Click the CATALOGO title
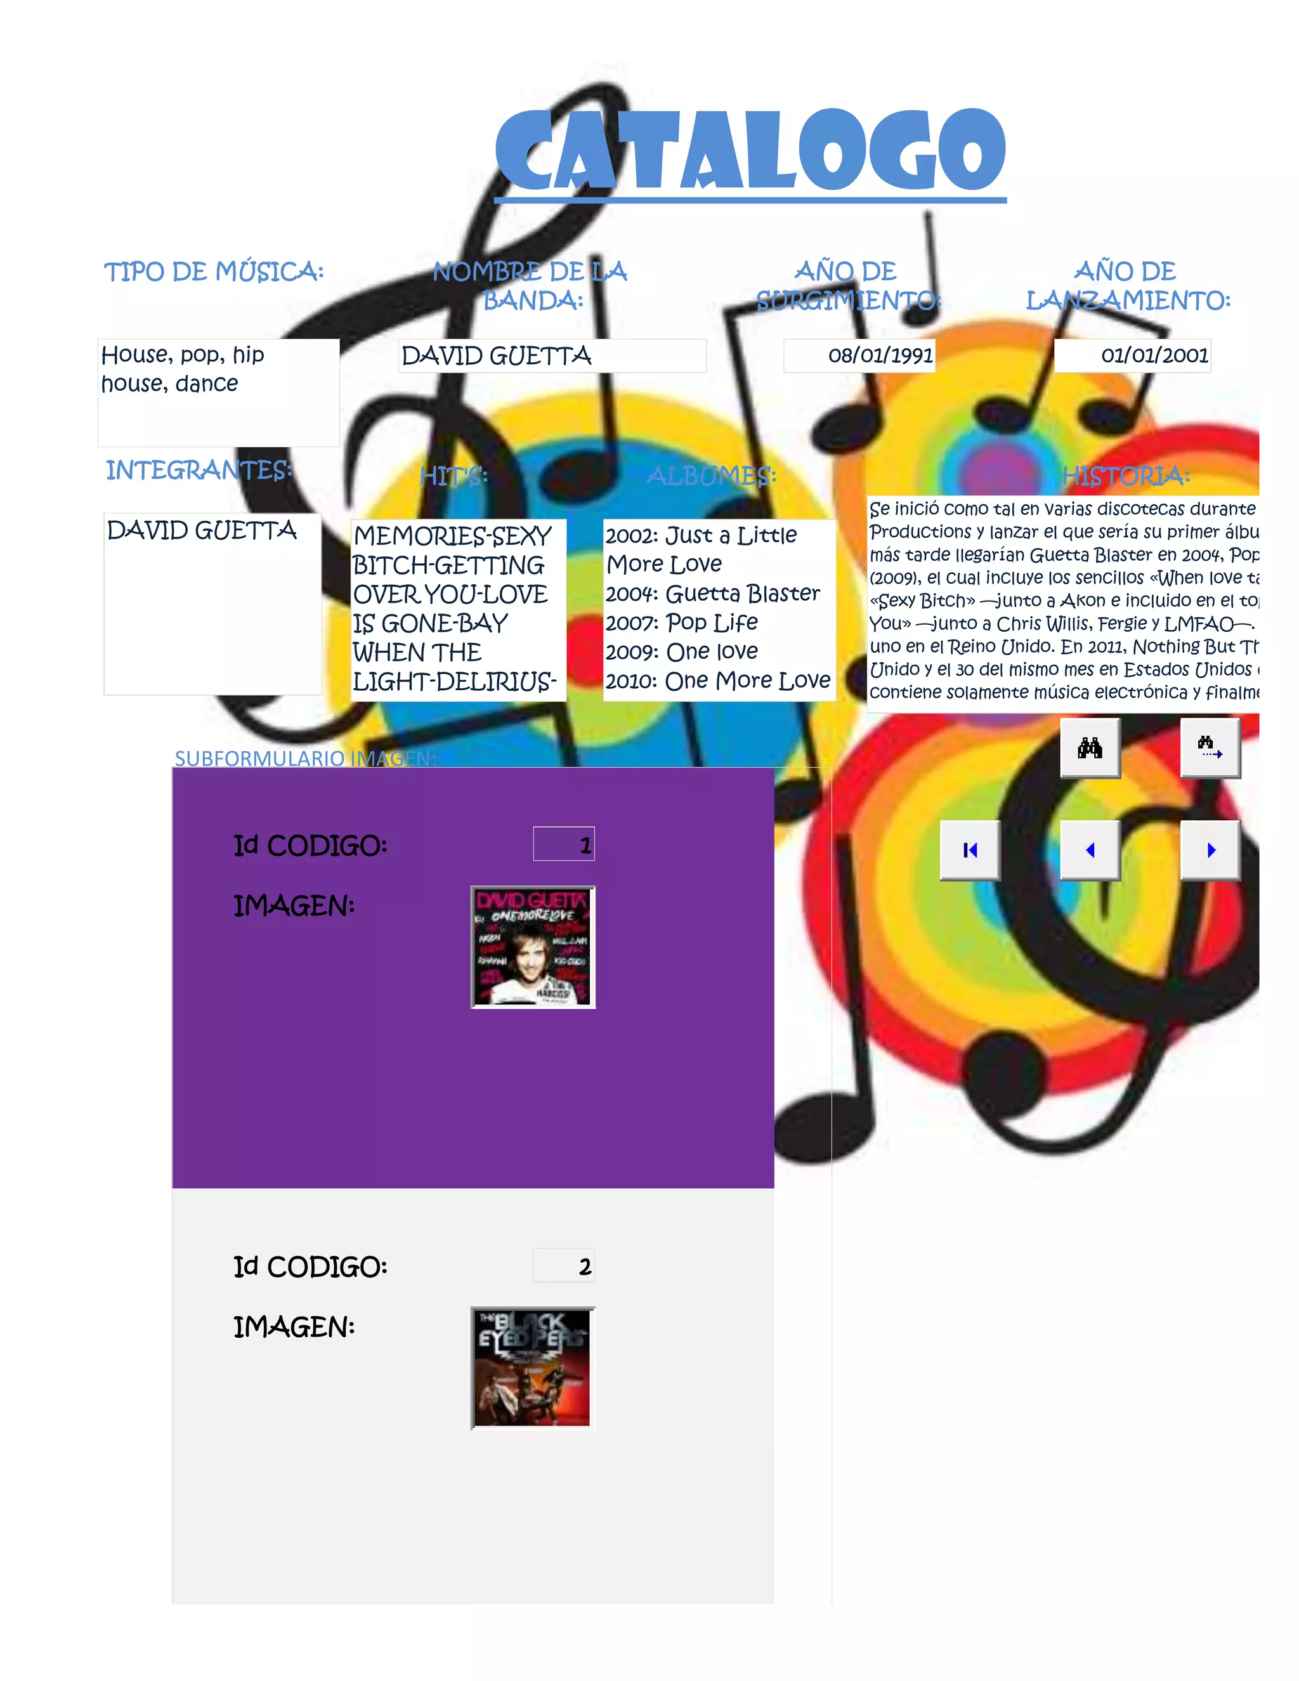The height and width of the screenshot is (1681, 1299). tap(750, 150)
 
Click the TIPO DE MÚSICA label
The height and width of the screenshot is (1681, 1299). tap(214, 271)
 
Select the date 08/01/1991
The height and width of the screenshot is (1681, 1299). tap(880, 356)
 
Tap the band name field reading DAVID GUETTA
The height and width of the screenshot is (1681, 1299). tap(552, 356)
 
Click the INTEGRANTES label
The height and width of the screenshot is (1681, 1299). tap(199, 470)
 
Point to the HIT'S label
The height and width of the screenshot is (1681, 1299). tap(454, 476)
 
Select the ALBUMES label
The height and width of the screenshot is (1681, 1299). tap(711, 476)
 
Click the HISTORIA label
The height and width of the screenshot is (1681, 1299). tap(1126, 476)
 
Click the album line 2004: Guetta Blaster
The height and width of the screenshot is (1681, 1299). tap(712, 594)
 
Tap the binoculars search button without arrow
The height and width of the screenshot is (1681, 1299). tap(1090, 747)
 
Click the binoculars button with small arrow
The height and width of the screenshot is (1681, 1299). tap(1210, 747)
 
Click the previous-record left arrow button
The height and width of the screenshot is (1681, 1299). tap(1090, 850)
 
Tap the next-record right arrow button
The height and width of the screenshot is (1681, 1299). tap(1210, 850)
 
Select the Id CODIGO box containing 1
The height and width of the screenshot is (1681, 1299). tap(563, 844)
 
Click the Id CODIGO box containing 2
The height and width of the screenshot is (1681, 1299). tap(563, 1266)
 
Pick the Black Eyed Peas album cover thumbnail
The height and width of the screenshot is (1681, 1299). tap(533, 1368)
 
